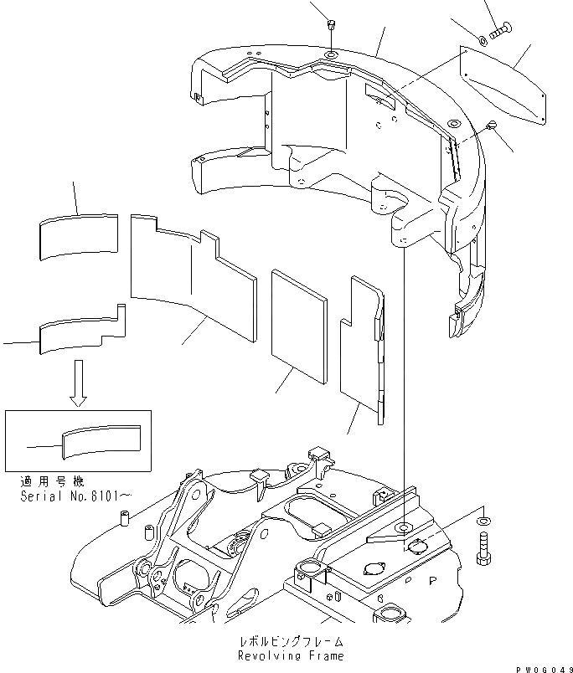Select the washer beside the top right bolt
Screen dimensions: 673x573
tap(485, 39)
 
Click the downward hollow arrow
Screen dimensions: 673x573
tap(78, 381)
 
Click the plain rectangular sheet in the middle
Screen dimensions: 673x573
tap(299, 325)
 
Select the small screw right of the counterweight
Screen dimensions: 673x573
tap(493, 126)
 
